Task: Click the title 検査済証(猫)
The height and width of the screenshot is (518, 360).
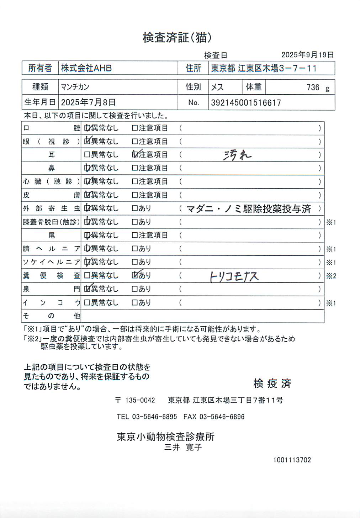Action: (177, 37)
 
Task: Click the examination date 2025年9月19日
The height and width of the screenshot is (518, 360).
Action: (307, 55)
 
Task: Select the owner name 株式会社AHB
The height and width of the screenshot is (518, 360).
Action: (86, 68)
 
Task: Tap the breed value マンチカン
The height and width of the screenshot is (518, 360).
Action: (75, 87)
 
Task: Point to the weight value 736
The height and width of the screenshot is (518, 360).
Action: (313, 88)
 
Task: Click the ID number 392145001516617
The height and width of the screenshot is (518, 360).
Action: (246, 103)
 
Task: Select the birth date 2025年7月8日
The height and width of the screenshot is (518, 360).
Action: (88, 102)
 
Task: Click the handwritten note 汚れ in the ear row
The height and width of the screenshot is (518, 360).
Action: (237, 155)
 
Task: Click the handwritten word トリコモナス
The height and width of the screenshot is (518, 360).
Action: (234, 276)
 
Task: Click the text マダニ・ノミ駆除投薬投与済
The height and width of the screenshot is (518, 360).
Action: (249, 209)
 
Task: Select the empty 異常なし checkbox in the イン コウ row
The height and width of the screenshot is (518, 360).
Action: (87, 303)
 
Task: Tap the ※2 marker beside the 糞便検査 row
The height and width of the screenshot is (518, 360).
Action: (331, 276)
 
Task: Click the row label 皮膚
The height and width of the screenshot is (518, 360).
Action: (51, 195)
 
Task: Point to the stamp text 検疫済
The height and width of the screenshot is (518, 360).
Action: (272, 384)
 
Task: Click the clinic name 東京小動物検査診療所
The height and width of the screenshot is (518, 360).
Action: (166, 437)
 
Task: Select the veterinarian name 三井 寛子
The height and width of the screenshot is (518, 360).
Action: (183, 447)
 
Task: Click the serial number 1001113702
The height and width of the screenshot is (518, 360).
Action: (292, 460)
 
